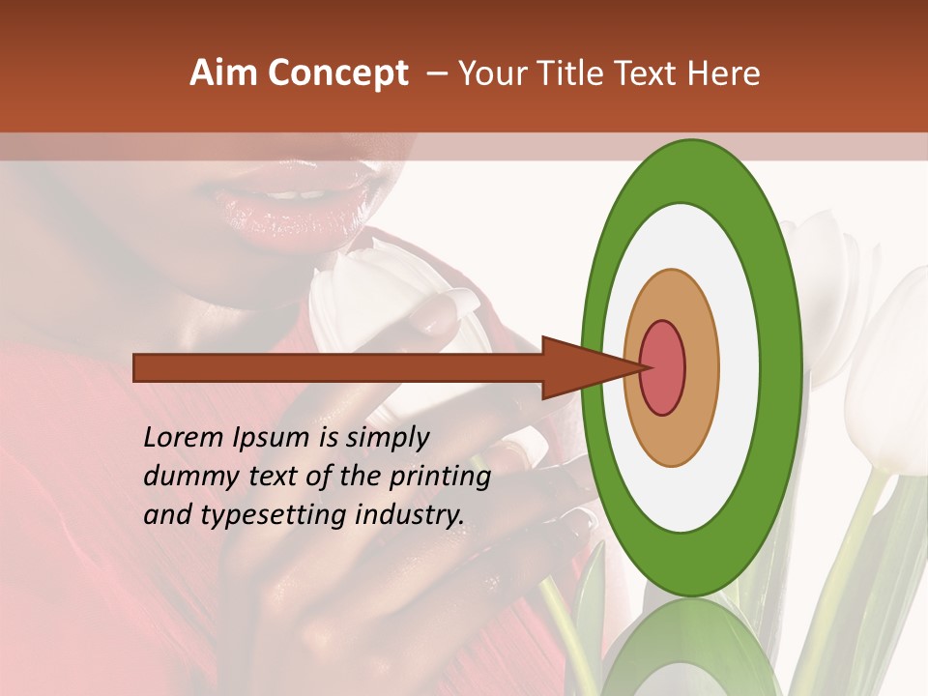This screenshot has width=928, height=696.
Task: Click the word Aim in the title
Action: click(x=223, y=73)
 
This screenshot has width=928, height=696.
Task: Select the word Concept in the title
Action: click(x=336, y=73)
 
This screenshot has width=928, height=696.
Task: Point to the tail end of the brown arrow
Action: click(x=140, y=367)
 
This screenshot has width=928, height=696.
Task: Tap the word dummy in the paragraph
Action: click(x=188, y=477)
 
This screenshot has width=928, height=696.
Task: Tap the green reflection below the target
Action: click(x=691, y=648)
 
